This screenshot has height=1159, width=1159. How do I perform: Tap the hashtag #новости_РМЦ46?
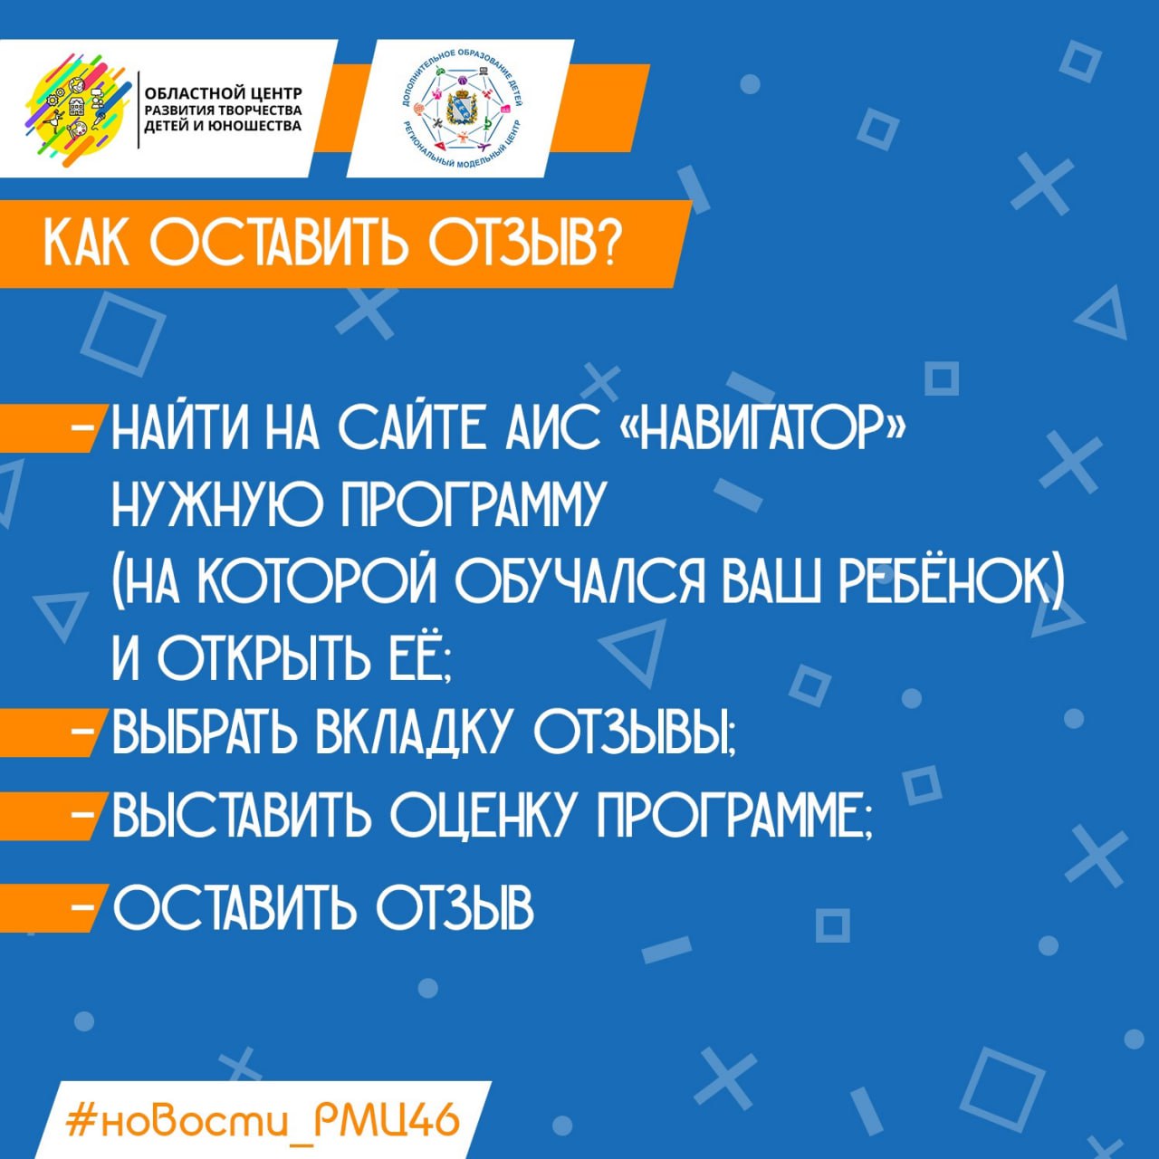263,1116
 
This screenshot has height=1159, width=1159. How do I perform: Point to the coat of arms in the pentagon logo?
461,109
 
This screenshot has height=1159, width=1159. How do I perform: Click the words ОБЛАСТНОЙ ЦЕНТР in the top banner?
224,94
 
